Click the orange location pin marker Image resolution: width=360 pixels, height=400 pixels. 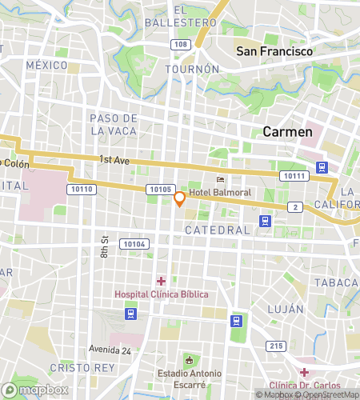pyautogui.click(x=180, y=198)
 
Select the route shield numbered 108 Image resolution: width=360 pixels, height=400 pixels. pyautogui.click(x=181, y=44)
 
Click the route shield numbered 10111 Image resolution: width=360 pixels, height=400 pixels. pyautogui.click(x=293, y=175)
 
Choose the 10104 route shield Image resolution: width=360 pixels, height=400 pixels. pyautogui.click(x=134, y=243)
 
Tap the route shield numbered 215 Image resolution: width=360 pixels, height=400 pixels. pyautogui.click(x=276, y=346)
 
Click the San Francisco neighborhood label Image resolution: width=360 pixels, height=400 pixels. pyautogui.click(x=274, y=51)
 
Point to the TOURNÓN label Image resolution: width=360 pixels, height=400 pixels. pyautogui.click(x=192, y=70)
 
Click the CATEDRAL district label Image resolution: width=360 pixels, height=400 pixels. pyautogui.click(x=217, y=230)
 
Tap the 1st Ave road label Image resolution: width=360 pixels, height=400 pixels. pyautogui.click(x=115, y=160)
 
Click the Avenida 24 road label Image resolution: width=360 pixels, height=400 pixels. pyautogui.click(x=109, y=349)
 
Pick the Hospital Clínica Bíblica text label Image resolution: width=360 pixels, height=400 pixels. pyautogui.click(x=161, y=294)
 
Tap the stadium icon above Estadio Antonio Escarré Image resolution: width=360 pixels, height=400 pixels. pyautogui.click(x=189, y=359)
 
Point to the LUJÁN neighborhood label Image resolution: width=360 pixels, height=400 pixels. pyautogui.click(x=286, y=309)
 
